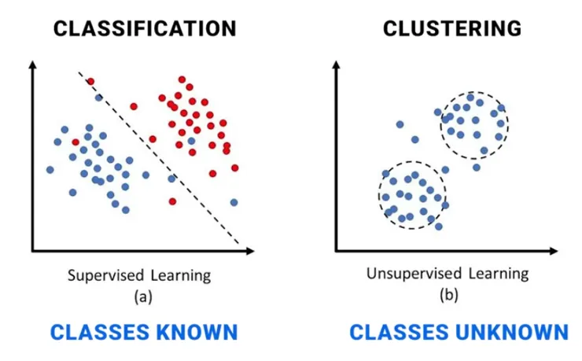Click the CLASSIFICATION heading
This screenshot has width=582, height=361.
click(144, 29)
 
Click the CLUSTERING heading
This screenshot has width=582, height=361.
click(451, 29)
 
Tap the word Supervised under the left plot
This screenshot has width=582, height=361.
click(106, 275)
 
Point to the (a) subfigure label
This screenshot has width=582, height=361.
click(142, 297)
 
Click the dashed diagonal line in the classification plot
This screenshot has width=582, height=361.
click(157, 157)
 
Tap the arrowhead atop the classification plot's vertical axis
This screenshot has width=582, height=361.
click(32, 67)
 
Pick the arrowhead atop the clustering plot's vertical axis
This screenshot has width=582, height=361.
click(336, 67)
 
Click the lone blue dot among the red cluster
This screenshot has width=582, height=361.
click(191, 141)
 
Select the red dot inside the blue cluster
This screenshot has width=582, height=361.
click(76, 142)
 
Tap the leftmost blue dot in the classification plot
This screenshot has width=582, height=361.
click(50, 169)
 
